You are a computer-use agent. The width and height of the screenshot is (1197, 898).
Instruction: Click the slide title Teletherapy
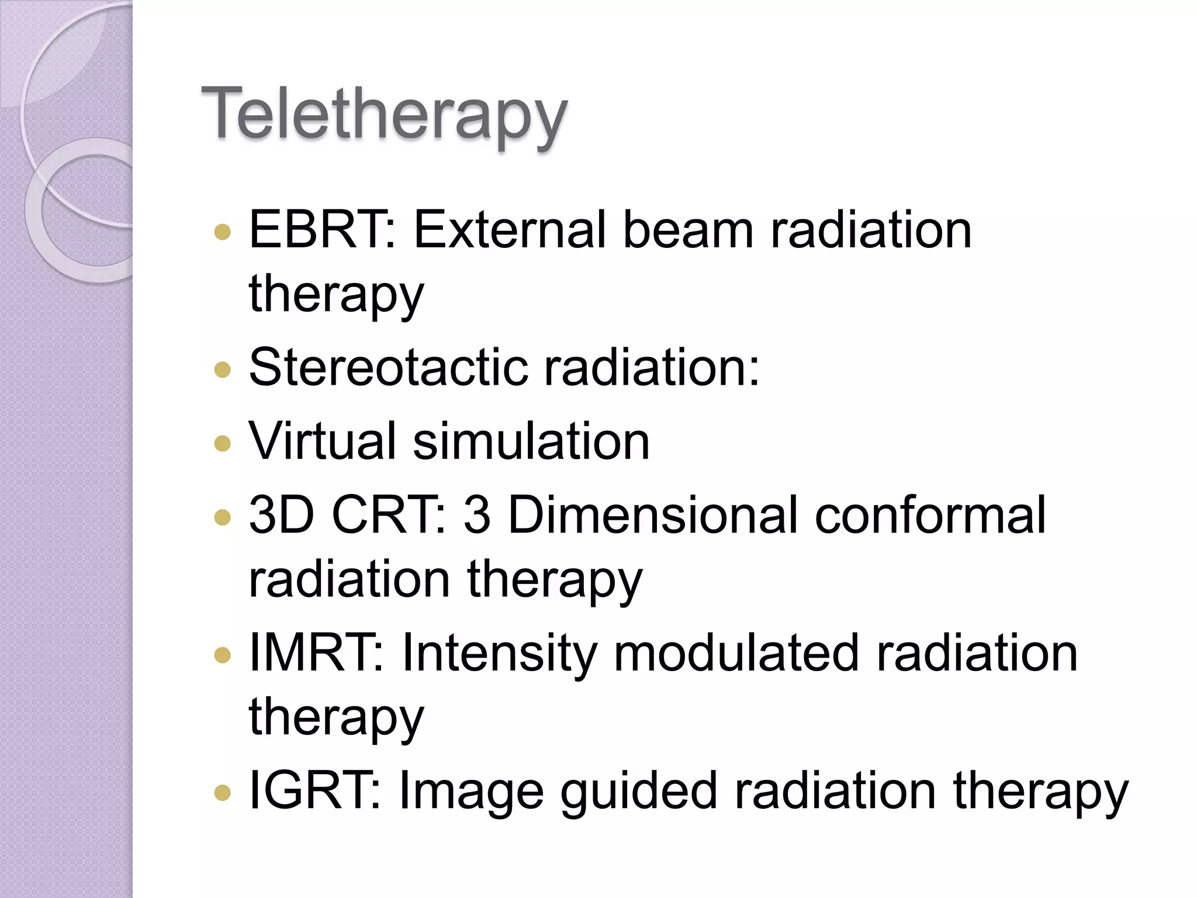tap(383, 115)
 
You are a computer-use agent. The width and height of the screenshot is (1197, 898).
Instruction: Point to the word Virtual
tap(323, 441)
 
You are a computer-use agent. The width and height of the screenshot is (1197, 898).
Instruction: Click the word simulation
tap(531, 441)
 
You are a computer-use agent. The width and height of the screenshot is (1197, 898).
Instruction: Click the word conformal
tap(929, 515)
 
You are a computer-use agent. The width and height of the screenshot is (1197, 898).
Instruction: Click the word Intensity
tap(499, 653)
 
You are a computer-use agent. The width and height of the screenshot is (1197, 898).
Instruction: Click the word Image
tap(471, 791)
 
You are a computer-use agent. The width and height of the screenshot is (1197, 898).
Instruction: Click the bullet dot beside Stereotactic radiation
tap(222, 369)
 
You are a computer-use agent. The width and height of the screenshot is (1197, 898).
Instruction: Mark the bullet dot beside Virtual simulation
tap(222, 443)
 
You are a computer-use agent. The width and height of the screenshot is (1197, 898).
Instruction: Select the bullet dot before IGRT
tap(222, 793)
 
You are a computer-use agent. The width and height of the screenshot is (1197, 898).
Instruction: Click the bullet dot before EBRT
tap(222, 232)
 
